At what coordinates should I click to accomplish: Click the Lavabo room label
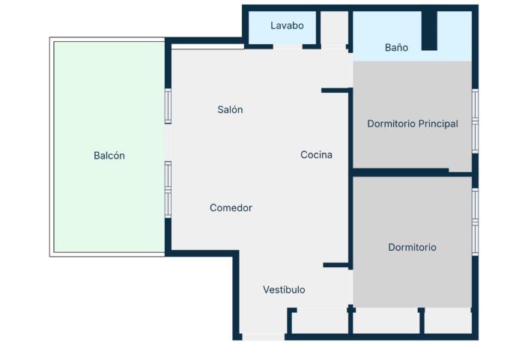[287, 25]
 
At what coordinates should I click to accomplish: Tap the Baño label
[396, 47]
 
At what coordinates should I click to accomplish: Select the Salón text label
[230, 109]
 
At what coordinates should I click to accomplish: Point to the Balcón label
[109, 156]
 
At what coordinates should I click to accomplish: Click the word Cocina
[316, 155]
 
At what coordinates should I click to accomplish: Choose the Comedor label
[231, 207]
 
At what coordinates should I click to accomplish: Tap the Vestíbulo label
[284, 290]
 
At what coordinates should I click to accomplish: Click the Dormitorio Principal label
[412, 123]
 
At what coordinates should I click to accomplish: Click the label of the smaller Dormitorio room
[412, 247]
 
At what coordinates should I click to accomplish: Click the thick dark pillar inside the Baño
[428, 31]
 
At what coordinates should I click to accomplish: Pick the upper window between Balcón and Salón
[168, 106]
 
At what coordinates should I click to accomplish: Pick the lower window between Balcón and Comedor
[168, 189]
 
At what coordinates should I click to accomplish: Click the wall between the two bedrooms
[412, 174]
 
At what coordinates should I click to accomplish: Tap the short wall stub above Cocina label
[336, 91]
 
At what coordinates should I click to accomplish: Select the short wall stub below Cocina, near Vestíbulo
[337, 265]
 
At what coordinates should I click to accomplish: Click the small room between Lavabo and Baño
[335, 28]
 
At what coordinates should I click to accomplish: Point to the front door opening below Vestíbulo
[263, 337]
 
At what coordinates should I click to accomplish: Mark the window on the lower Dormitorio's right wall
[475, 222]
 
